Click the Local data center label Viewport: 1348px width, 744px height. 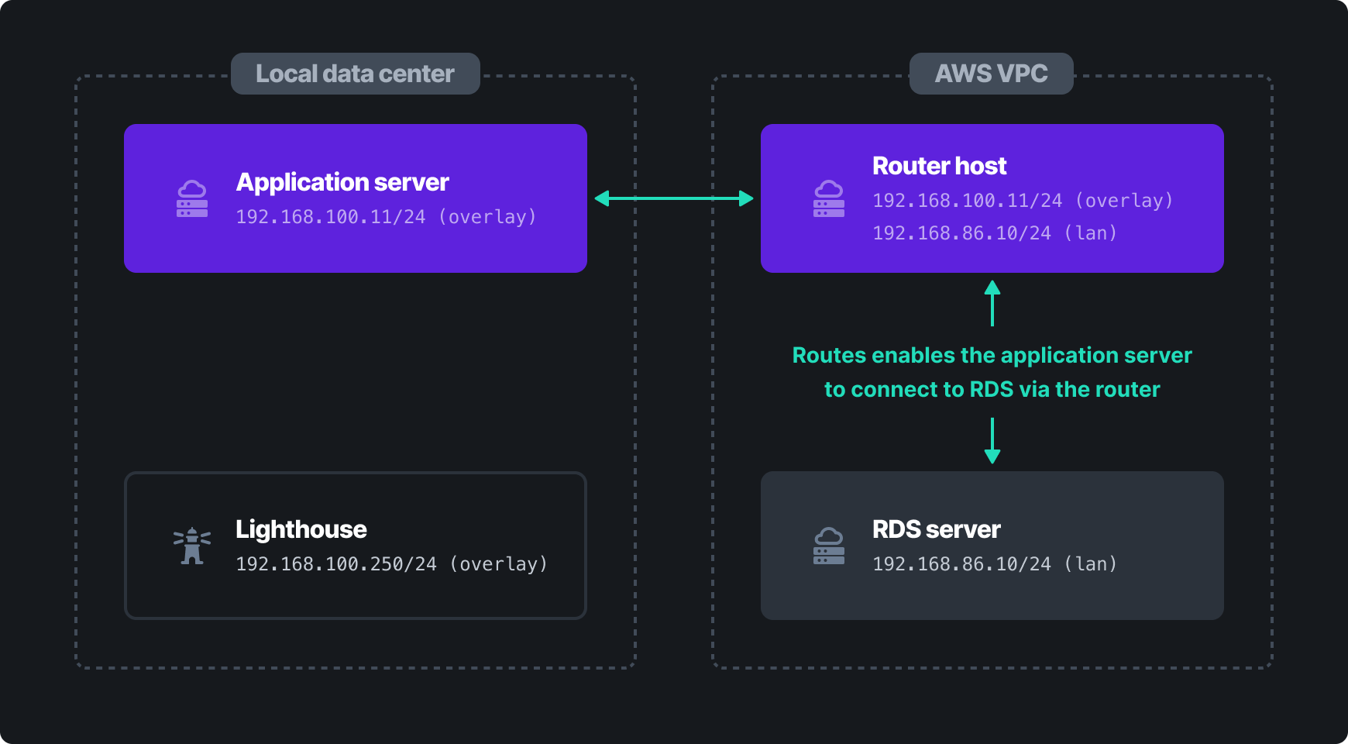click(x=355, y=74)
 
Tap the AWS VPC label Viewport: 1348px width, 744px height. click(x=991, y=74)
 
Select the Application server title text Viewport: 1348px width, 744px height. click(x=342, y=182)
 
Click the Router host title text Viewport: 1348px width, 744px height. click(x=939, y=166)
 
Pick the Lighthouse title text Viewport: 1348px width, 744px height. click(x=301, y=529)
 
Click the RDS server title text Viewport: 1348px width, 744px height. click(x=936, y=529)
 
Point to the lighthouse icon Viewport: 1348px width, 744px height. click(x=192, y=546)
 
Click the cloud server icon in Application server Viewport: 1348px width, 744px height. click(x=192, y=199)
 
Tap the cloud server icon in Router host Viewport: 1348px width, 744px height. click(x=829, y=199)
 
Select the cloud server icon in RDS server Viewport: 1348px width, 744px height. click(x=829, y=546)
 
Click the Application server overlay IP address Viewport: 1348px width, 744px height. click(x=386, y=217)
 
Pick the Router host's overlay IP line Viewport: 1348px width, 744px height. click(x=1023, y=201)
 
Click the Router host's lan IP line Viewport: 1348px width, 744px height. click(x=995, y=233)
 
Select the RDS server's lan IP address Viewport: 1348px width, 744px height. click(x=995, y=564)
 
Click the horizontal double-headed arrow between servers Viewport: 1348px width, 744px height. click(x=674, y=198)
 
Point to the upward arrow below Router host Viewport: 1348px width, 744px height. click(x=992, y=302)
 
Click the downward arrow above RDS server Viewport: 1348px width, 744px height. click(x=992, y=440)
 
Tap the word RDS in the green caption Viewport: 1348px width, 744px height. click(x=992, y=390)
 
